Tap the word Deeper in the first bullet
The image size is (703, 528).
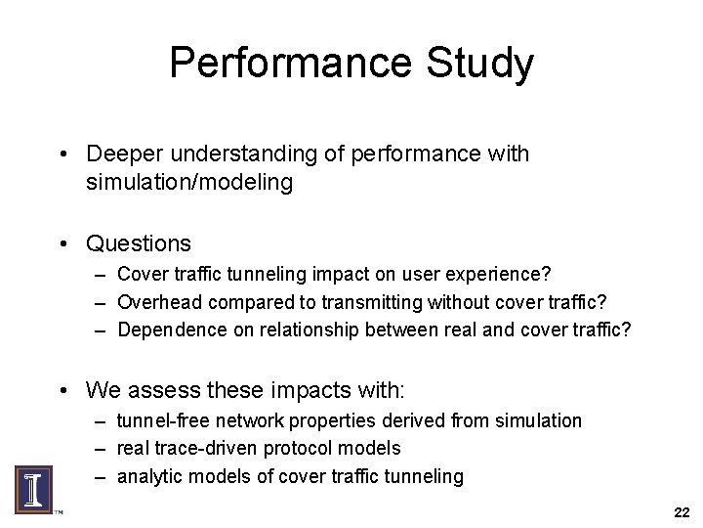(119, 154)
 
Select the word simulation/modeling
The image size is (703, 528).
(188, 182)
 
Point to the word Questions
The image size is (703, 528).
(139, 242)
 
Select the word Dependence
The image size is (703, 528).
(169, 330)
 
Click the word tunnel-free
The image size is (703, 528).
(161, 420)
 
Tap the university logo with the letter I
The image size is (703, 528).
(33, 486)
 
